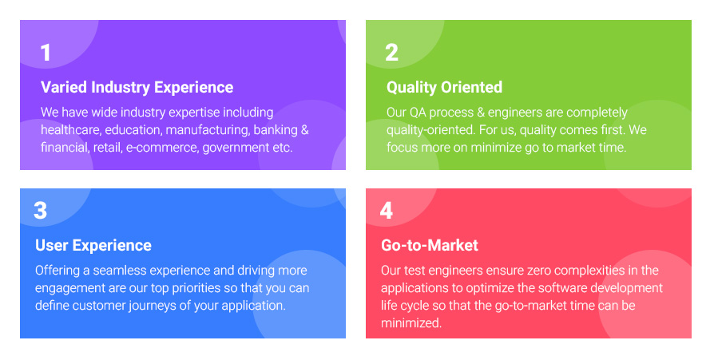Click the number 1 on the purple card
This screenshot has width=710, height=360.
[46, 53]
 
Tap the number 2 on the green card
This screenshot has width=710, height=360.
[391, 53]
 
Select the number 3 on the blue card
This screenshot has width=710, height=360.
[40, 211]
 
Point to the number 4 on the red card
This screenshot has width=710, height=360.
[386, 211]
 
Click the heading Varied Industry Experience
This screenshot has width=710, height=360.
[137, 87]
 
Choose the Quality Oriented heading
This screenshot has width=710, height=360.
[444, 87]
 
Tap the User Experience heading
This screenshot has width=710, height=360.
[93, 245]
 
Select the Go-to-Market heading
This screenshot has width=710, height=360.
[429, 245]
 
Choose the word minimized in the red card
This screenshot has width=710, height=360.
[411, 323]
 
